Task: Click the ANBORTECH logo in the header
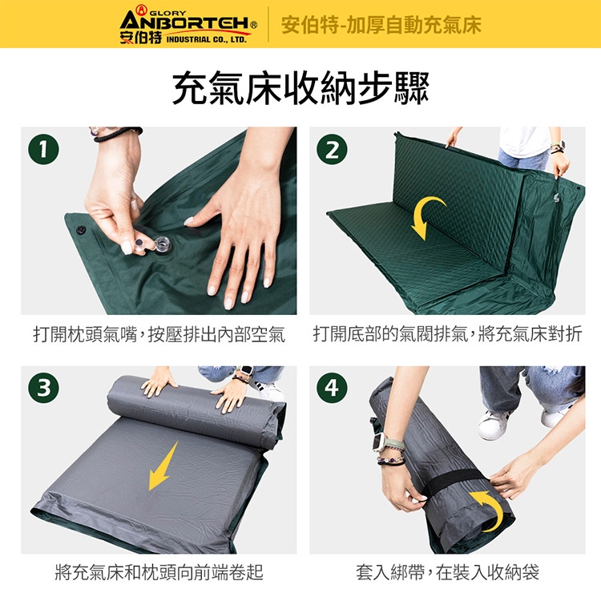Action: pyautogui.click(x=188, y=25)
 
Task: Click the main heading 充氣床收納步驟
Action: pyautogui.click(x=300, y=88)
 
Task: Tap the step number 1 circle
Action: pyautogui.click(x=44, y=149)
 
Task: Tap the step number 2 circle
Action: pyautogui.click(x=332, y=149)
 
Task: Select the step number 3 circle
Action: pyautogui.click(x=44, y=388)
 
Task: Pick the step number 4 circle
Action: pyautogui.click(x=332, y=388)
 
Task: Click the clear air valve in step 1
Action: pyautogui.click(x=162, y=244)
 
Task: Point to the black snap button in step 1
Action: pyautogui.click(x=80, y=230)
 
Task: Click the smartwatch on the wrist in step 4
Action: pyautogui.click(x=381, y=442)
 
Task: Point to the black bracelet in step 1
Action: pyautogui.click(x=118, y=133)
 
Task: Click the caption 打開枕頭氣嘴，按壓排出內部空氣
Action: pyautogui.click(x=159, y=335)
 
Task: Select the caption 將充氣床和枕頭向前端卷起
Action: pyautogui.click(x=159, y=572)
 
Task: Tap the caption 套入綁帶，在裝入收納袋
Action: pyautogui.click(x=447, y=572)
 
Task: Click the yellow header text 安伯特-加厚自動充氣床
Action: pyautogui.click(x=381, y=25)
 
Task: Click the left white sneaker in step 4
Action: pyautogui.click(x=494, y=425)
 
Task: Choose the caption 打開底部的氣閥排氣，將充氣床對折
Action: pyautogui.click(x=447, y=335)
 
